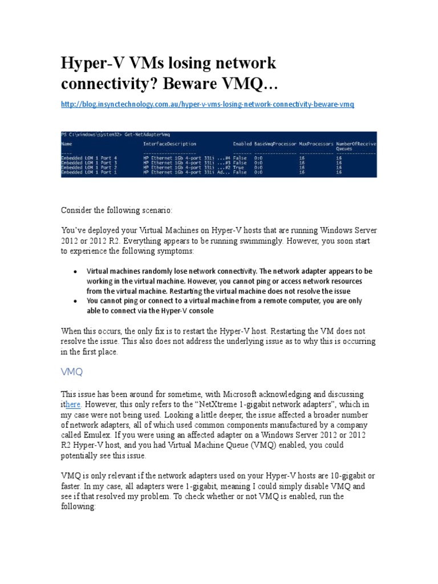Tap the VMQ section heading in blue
[x=72, y=372]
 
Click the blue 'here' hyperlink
[x=74, y=404]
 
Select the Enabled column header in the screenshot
[x=242, y=144]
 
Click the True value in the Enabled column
[x=239, y=168]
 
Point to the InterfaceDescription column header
[x=170, y=144]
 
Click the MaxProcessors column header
[x=315, y=144]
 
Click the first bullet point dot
[x=75, y=271]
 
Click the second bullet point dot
[x=75, y=301]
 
